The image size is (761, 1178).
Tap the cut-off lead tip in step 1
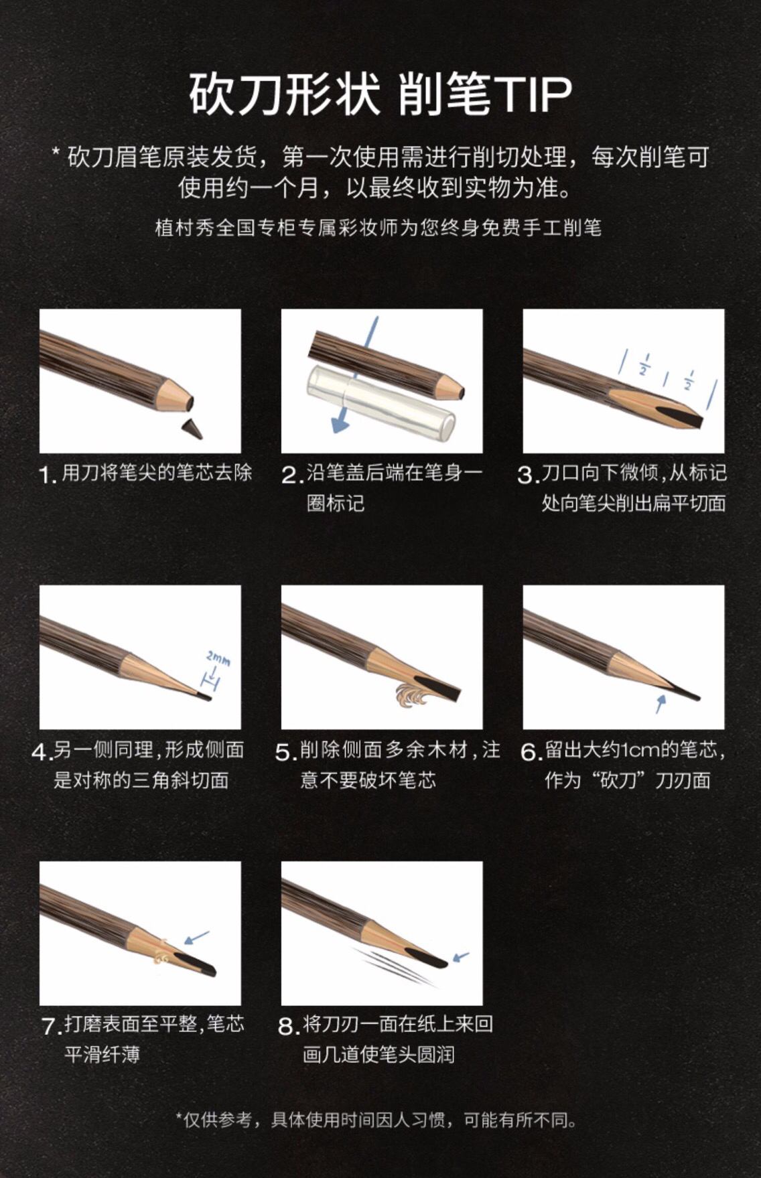point(192,429)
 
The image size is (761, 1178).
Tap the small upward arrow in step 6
point(661,703)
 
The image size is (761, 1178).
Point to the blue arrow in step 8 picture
point(461,957)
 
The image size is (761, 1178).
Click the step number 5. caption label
point(286,752)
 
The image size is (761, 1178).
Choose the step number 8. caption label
point(288,1026)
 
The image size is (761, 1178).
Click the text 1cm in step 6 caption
point(640,750)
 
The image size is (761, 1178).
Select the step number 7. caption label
point(52,1026)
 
